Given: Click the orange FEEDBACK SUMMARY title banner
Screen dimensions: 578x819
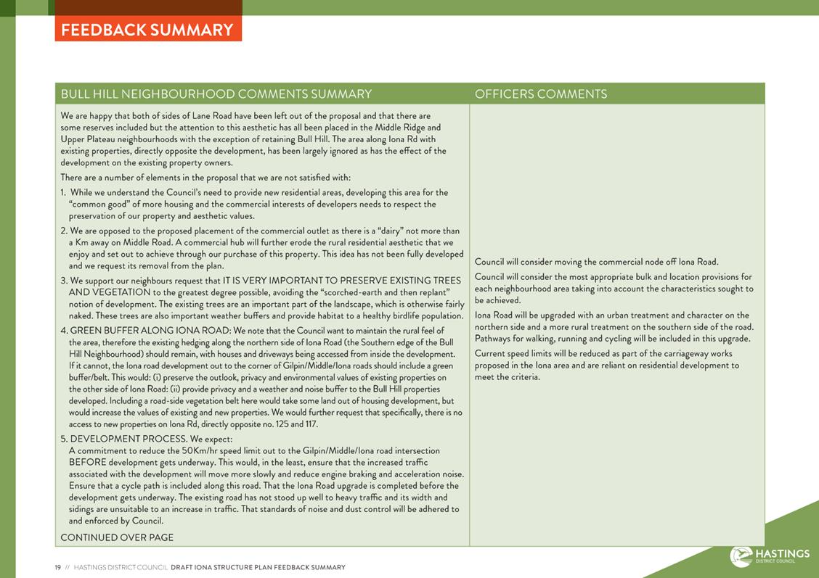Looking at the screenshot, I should coord(147,30).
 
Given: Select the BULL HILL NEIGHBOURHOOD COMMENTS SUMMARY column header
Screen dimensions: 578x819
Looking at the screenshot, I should coord(216,94).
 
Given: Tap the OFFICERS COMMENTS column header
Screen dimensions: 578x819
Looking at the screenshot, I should coord(541,94).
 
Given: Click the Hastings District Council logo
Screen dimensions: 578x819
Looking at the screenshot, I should coord(770,556).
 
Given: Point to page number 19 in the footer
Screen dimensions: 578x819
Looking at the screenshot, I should coord(58,568).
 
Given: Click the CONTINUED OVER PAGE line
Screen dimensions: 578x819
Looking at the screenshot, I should coord(117,537).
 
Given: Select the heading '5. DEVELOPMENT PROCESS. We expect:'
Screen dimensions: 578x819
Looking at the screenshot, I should coord(147,439).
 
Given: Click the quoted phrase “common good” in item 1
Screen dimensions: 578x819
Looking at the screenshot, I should coord(100,205).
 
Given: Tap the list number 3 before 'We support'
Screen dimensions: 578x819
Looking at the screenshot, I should coord(64,281).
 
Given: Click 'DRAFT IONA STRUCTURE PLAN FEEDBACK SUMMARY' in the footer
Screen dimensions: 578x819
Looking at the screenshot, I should coord(258,568).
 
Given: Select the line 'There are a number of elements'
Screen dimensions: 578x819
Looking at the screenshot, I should coord(205,178).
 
